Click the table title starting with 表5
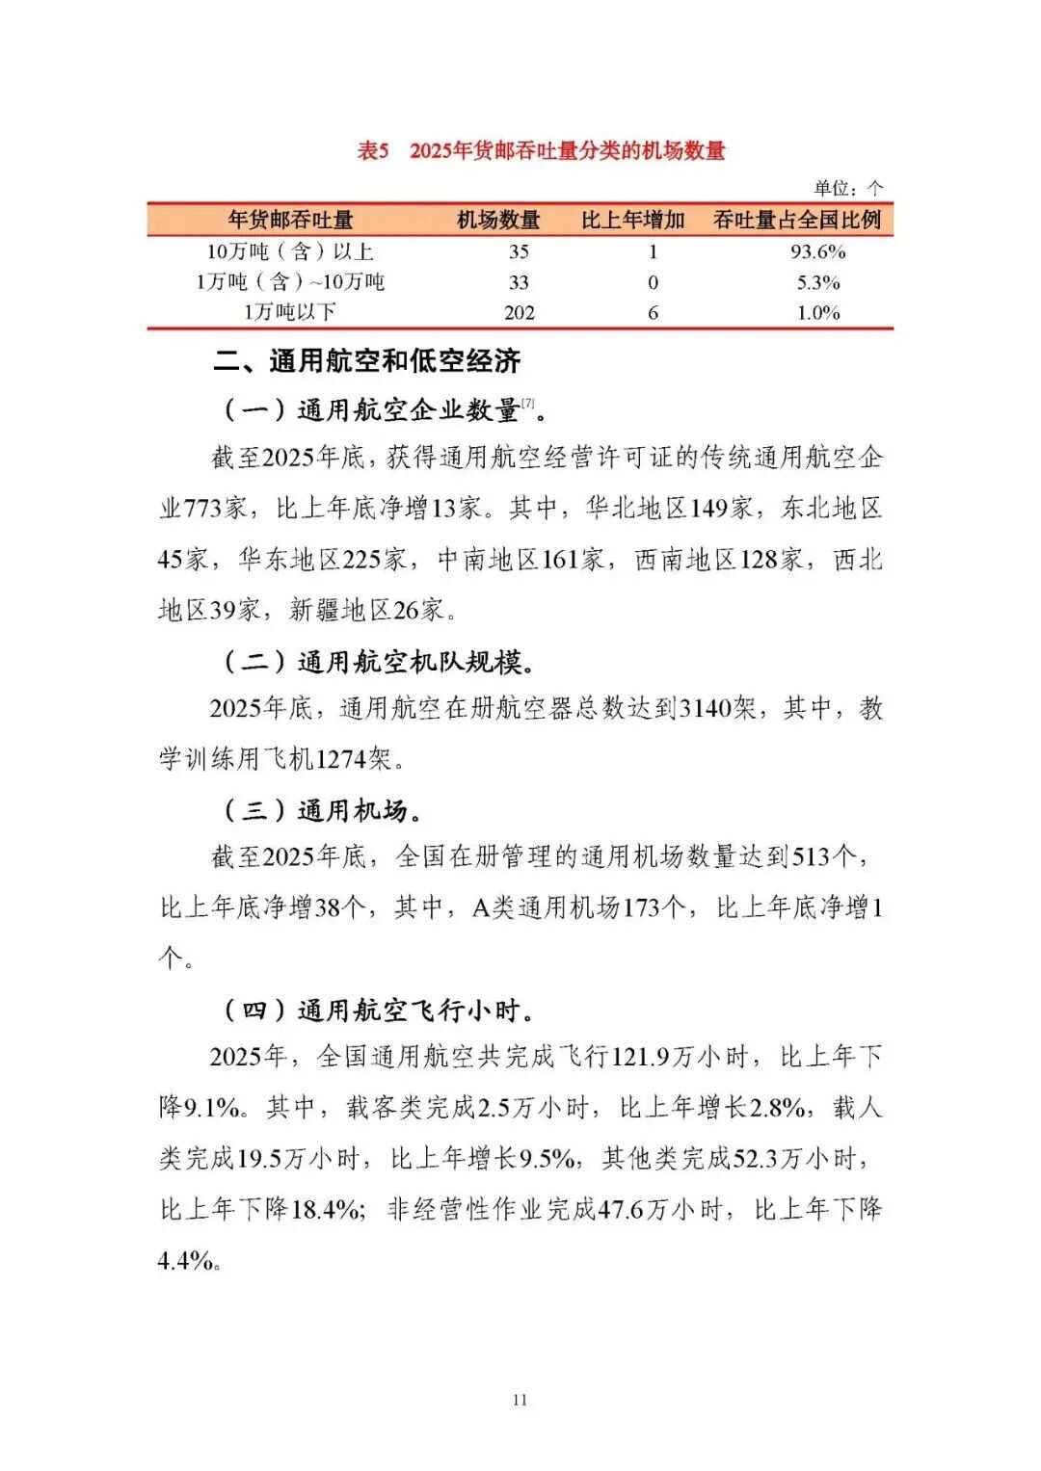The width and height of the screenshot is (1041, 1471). coord(541,150)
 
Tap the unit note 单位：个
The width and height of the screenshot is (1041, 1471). coord(848,188)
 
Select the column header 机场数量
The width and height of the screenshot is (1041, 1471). coord(498,221)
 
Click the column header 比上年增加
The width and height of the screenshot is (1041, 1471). coord(632,221)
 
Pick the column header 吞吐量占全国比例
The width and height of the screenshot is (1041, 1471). coord(797,221)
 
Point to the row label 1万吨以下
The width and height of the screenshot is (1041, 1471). coord(289,312)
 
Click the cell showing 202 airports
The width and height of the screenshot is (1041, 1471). coord(519,312)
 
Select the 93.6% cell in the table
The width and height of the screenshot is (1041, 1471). coord(817,251)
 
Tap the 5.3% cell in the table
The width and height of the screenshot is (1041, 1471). coord(817,282)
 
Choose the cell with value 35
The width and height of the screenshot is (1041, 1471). coord(519,251)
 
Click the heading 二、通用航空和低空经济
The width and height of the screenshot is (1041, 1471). coord(367,361)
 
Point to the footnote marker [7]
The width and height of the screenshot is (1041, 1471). coord(528,404)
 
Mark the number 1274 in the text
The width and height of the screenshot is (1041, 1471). coord(341,759)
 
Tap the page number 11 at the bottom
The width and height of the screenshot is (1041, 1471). coord(520,1400)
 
